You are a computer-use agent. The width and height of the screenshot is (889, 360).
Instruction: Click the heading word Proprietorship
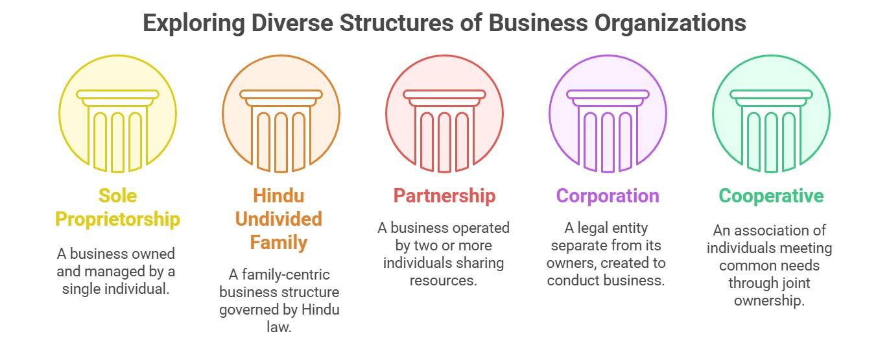coord(117,219)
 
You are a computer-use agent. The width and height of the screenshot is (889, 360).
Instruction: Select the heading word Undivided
coord(278,219)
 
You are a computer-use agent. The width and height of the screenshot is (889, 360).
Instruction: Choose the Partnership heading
coord(444,195)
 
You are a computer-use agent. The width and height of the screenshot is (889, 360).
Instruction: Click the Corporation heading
coord(608,195)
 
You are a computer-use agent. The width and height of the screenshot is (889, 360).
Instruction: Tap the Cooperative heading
coord(771,195)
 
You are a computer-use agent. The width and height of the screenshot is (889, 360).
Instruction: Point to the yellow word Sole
coord(117,195)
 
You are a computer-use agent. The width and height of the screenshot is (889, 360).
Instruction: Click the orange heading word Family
coord(278,243)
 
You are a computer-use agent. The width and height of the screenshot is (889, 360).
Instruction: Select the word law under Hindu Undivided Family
coord(279,327)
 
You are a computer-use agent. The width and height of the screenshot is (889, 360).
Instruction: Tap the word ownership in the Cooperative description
coord(769,300)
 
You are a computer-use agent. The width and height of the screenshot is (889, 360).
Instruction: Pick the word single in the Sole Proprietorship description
coord(83,288)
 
